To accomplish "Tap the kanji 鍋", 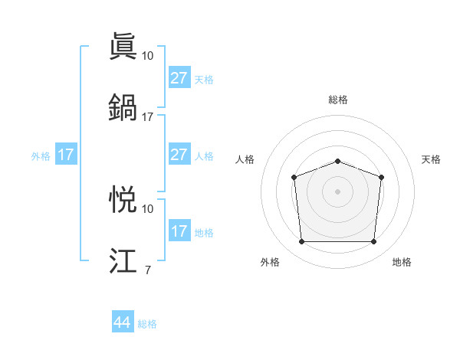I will tap(123, 107).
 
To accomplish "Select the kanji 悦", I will tap(123, 199).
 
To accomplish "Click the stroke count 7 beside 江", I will tap(147, 270).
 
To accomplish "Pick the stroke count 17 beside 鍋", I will tap(147, 116).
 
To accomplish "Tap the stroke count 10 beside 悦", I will tap(147, 208).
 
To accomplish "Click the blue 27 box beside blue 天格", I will tap(179, 78).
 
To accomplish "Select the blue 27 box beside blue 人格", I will tap(179, 155).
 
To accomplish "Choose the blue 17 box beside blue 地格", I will tap(179, 231).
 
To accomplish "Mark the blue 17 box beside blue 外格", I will tap(66, 155).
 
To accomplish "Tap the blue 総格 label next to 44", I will tap(147, 324).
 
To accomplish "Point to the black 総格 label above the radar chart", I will tap(337, 100).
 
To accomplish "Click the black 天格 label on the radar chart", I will tap(431, 159).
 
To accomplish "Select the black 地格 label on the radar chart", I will tap(402, 262).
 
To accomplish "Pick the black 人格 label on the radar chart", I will tap(245, 159).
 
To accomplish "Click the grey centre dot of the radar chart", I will tap(337, 191).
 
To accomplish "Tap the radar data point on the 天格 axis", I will tap(381, 177).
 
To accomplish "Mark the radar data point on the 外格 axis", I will tap(301, 242).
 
